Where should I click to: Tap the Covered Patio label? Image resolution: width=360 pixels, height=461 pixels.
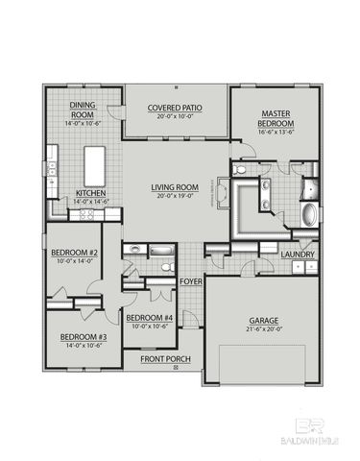174,108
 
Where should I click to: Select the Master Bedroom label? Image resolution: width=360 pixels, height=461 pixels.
276,118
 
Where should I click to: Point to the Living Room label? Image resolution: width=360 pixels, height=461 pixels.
175,187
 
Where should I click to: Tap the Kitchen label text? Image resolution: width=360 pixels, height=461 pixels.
90,192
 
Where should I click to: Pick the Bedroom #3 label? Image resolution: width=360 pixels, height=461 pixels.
84,337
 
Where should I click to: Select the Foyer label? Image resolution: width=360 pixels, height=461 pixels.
191,281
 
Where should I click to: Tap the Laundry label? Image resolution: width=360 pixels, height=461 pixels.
297,254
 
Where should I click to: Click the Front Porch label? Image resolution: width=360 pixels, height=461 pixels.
165,359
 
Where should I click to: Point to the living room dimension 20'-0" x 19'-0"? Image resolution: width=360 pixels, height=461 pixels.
175,196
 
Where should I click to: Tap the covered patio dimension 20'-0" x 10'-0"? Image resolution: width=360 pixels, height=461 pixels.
174,116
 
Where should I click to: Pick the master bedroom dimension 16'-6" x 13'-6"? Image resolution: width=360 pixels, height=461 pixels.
276,133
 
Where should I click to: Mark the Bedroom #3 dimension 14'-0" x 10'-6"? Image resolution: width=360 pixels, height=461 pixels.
84,346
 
